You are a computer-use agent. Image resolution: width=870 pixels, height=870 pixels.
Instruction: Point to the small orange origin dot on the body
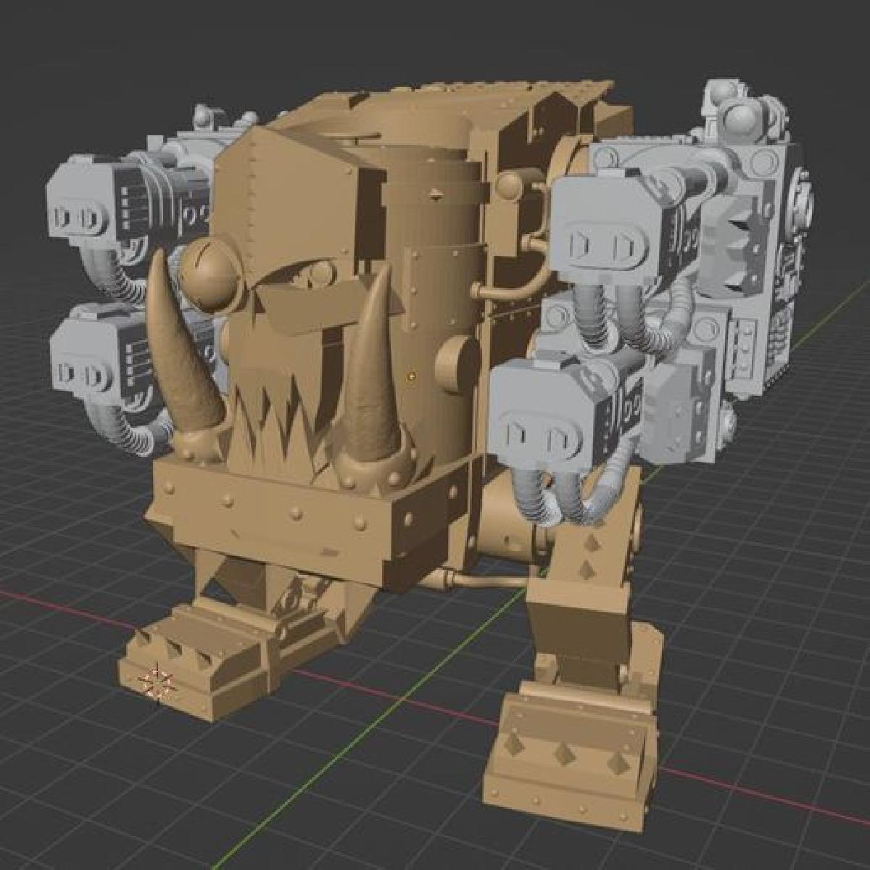(411, 376)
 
